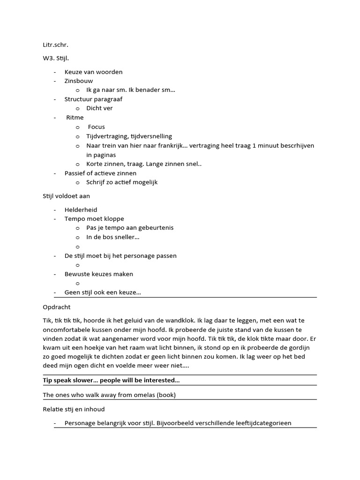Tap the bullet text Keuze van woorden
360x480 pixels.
[93, 72]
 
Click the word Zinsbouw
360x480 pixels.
[79, 81]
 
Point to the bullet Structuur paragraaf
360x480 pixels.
[93, 99]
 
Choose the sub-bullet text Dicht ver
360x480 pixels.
[99, 108]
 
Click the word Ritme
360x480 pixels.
[75, 117]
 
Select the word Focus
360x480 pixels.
[97, 127]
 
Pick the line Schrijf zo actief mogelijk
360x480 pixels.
[122, 182]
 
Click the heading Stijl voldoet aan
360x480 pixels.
[66, 196]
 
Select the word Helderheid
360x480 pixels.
[81, 210]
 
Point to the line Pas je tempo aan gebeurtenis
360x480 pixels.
[130, 228]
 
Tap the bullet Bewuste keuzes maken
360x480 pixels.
[99, 274]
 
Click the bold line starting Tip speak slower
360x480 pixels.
[111, 381]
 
